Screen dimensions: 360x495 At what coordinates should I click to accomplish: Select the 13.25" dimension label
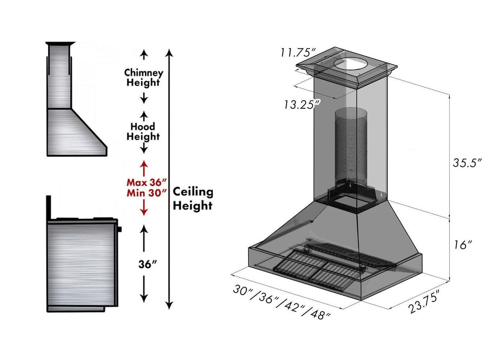[302, 105]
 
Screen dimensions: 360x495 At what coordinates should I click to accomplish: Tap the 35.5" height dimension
[467, 163]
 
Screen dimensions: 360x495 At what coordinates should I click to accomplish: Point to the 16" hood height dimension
[463, 245]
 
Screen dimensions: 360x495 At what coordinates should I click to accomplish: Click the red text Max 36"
[147, 182]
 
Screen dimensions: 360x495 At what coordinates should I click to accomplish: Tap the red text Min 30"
[147, 193]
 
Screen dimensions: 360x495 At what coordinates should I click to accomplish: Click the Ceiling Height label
[193, 199]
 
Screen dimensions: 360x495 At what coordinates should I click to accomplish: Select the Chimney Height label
[143, 77]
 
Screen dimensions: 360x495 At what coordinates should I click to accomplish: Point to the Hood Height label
[143, 131]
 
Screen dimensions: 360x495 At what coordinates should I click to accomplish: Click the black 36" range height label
[148, 264]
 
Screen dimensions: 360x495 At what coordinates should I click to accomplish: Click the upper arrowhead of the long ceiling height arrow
[169, 53]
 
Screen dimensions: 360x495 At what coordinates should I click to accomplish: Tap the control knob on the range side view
[120, 229]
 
